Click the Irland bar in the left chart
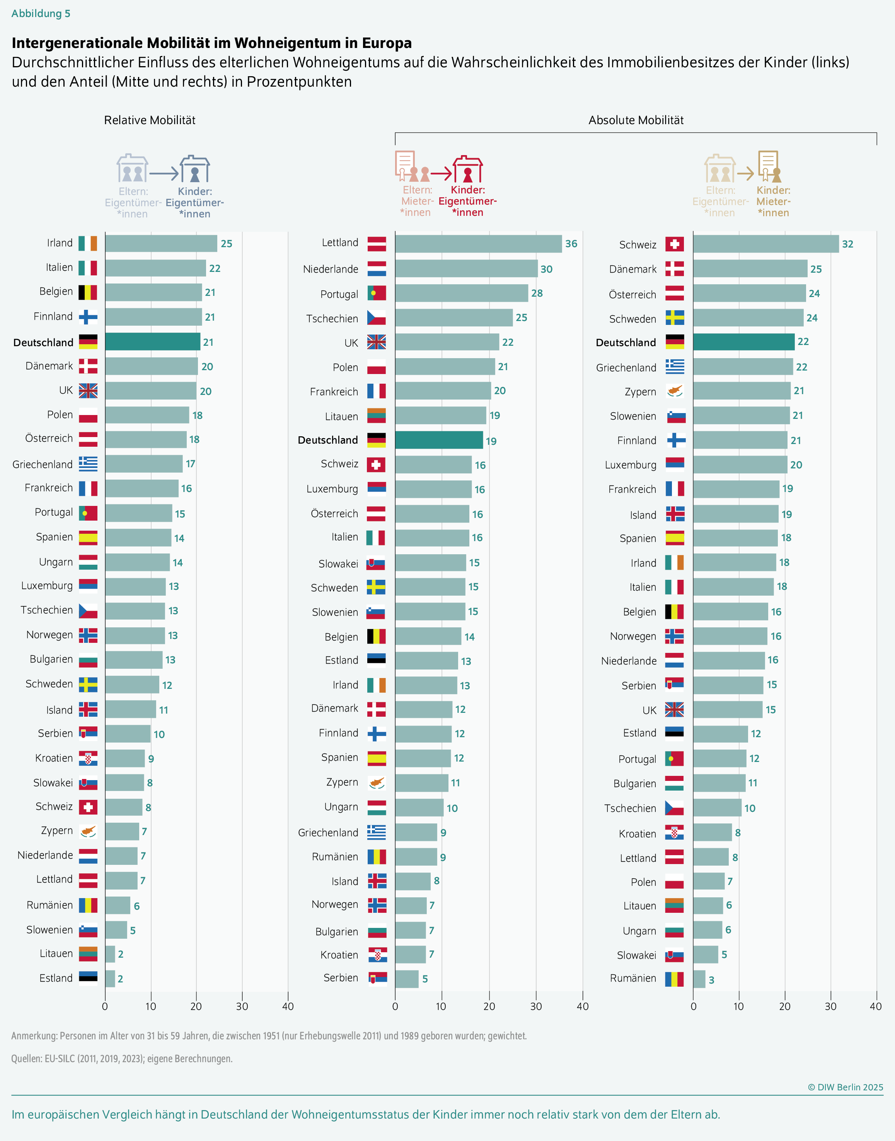pyautogui.click(x=161, y=243)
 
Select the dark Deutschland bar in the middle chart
pyautogui.click(x=438, y=440)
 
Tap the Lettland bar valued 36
pyautogui.click(x=478, y=244)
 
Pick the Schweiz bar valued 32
pyautogui.click(x=765, y=244)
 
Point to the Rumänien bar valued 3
pyautogui.click(x=699, y=979)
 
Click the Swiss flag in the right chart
pyautogui.click(x=674, y=244)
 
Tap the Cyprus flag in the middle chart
pyautogui.click(x=376, y=782)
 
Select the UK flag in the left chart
pyautogui.click(x=88, y=391)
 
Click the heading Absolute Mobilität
pyautogui.click(x=636, y=120)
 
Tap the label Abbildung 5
pyautogui.click(x=41, y=14)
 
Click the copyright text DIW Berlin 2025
pyautogui.click(x=845, y=1087)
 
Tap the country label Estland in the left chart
pyautogui.click(x=56, y=978)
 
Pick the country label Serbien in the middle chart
pyautogui.click(x=341, y=977)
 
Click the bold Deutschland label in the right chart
pyautogui.click(x=626, y=342)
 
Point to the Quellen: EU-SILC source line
pyautogui.click(x=121, y=1058)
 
